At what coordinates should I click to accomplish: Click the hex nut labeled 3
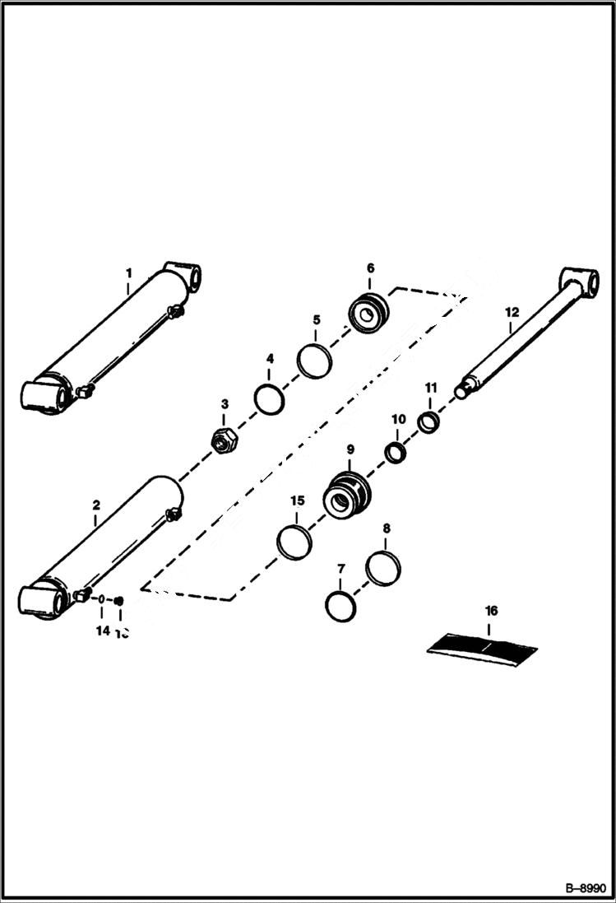point(224,441)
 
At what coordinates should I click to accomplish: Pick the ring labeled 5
point(314,361)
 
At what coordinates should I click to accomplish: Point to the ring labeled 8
point(383,568)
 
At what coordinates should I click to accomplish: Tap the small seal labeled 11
point(429,422)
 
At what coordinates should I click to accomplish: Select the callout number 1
point(128,272)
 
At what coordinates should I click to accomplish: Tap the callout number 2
point(96,505)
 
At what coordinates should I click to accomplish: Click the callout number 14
point(102,631)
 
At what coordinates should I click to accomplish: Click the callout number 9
point(350,449)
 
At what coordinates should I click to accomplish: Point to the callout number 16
point(491,611)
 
